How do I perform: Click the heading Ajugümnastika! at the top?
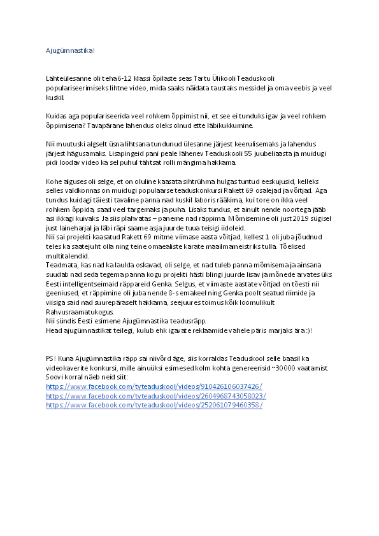point(70,49)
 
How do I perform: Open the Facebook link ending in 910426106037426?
point(155,387)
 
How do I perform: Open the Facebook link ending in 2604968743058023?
point(157,396)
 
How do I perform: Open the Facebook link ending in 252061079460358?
point(155,405)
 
